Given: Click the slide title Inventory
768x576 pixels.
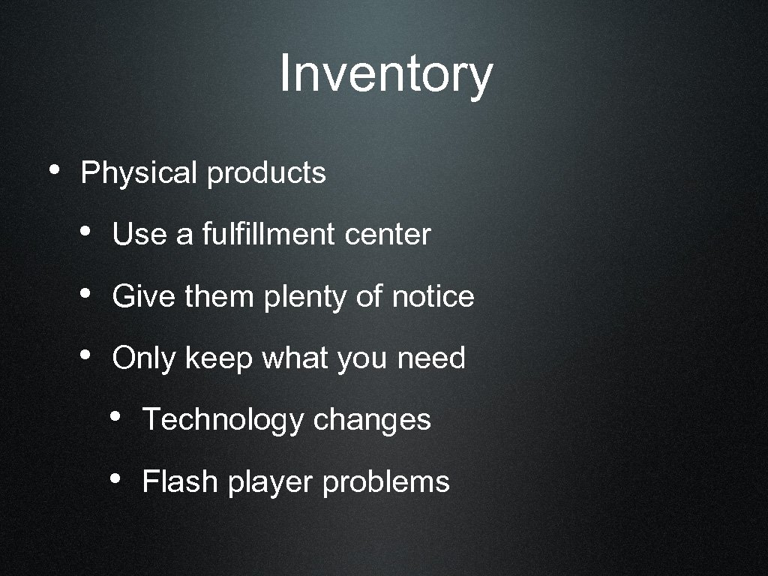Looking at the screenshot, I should pyautogui.click(x=385, y=74).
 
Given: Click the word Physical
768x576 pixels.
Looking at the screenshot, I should pyautogui.click(x=138, y=173).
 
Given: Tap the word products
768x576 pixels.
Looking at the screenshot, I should pyautogui.click(x=266, y=173).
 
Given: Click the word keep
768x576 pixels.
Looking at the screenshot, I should pyautogui.click(x=218, y=358).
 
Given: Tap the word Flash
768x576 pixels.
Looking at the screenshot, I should pyautogui.click(x=180, y=481).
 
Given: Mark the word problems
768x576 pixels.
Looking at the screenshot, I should pyautogui.click(x=385, y=482).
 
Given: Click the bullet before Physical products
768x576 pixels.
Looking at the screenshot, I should pyautogui.click(x=52, y=170).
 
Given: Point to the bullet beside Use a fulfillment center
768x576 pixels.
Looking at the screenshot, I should pyautogui.click(x=85, y=232).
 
